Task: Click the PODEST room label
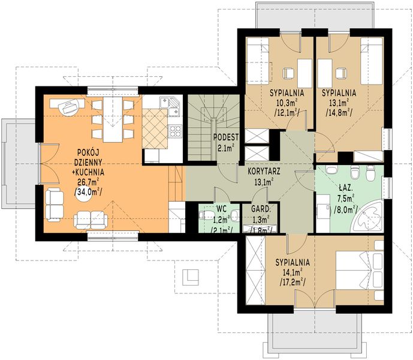point(226,137)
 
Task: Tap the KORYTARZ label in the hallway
point(264,172)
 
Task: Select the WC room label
point(222,209)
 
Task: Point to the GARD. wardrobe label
point(261,209)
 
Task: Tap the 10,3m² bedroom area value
point(287,103)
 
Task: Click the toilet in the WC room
point(206,215)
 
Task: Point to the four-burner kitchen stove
point(176,131)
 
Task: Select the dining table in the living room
point(113,119)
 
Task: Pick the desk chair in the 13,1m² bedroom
point(341,73)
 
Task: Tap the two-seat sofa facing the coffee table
point(91,221)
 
